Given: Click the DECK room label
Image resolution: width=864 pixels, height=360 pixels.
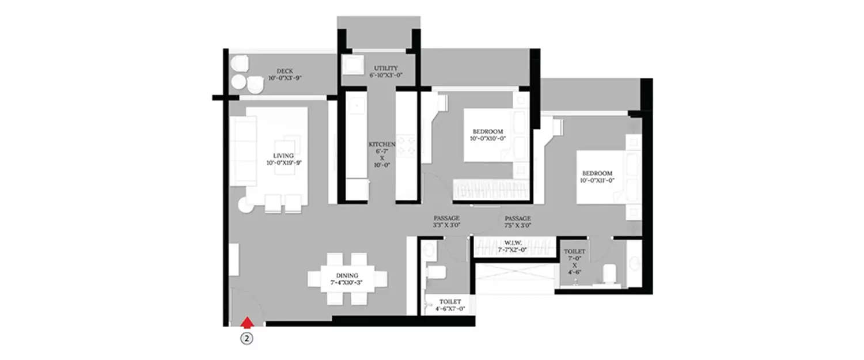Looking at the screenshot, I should pos(285,71).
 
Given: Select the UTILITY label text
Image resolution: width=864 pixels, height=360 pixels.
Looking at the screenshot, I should pos(385,68).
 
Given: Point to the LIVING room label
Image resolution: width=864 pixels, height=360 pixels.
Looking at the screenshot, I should pos(284,156).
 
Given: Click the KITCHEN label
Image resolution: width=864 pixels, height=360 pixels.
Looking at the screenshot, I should pos(381,144).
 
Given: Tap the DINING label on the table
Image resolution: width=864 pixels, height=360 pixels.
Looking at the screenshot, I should pos(344,275).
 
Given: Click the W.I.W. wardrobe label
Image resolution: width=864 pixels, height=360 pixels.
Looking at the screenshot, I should pos(513,243).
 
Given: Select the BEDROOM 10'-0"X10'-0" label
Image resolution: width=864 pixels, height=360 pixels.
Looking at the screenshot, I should pos(488,131).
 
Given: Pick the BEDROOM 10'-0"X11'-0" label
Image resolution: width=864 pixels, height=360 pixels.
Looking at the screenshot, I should pos(597,173).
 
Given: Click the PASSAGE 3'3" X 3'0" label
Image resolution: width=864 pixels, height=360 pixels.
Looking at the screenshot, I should pos(446,218).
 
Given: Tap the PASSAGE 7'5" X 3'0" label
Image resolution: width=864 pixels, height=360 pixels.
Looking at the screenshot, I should pos(517,218).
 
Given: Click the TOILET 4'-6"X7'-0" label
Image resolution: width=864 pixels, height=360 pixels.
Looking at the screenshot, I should pos(450,301).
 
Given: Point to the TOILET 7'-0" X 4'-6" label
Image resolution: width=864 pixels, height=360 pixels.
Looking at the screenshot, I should pos(574,252).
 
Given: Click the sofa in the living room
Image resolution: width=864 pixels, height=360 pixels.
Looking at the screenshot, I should pos(243,151).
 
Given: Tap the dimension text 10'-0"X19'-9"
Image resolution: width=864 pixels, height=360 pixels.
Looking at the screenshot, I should pos(284,163).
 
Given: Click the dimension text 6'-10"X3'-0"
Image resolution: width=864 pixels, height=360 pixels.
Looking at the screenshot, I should pos(385,75).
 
